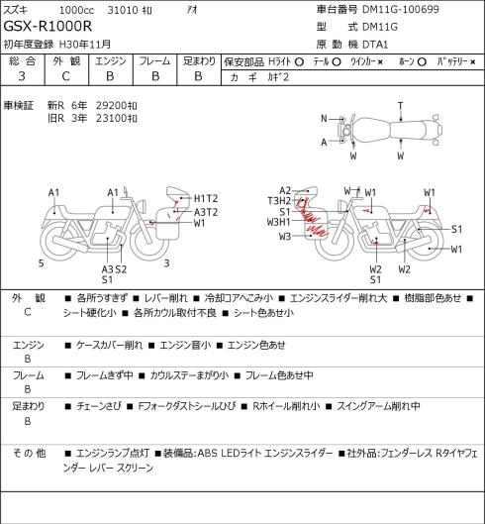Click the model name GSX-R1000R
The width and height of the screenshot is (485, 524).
tap(48, 26)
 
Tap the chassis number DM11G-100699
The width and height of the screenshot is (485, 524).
tap(401, 9)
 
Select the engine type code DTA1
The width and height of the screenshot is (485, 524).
tap(375, 45)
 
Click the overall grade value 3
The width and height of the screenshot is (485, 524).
tap(22, 76)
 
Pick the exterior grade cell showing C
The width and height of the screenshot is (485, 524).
tap(65, 76)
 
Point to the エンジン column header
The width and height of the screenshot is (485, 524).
tap(111, 61)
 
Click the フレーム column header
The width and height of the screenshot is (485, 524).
tap(154, 61)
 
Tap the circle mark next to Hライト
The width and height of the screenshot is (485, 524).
tap(299, 61)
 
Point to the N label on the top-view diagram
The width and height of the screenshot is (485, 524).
tap(324, 118)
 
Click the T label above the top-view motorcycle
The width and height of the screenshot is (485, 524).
tap(401, 106)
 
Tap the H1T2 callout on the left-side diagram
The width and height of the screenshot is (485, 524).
tap(206, 198)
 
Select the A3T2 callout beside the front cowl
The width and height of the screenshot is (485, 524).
tap(206, 212)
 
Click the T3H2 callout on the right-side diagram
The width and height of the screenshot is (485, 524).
tap(279, 200)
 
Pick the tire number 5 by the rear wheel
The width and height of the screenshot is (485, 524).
tap(41, 263)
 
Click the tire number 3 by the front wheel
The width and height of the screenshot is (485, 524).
tap(166, 263)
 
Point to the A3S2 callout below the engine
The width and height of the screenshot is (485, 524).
tap(114, 269)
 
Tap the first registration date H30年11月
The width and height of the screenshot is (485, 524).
tap(85, 45)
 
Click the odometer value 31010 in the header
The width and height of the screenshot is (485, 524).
tap(123, 10)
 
